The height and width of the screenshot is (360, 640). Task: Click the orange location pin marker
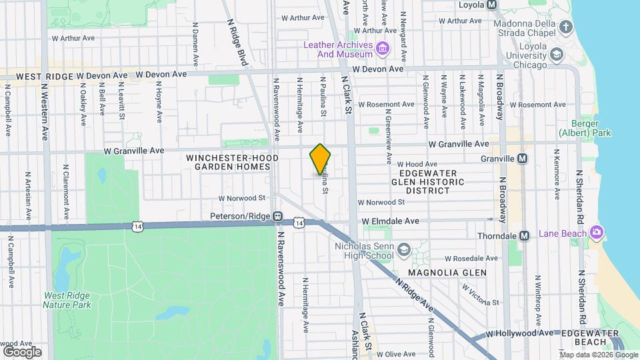point(320,159)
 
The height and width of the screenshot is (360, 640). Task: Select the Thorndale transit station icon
point(524,235)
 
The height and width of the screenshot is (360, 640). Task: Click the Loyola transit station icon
point(492,5)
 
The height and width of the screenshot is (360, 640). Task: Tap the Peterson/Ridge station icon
point(277,216)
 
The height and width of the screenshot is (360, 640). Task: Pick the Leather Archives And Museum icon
point(383,48)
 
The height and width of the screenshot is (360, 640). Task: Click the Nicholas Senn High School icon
point(403,249)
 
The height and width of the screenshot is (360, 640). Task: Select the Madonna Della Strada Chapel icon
point(566,27)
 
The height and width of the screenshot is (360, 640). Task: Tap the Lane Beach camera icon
point(596,233)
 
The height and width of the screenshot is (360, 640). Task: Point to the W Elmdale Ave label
point(390,221)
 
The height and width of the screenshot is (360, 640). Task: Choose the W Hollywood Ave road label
point(519,333)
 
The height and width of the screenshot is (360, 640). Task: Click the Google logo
point(22,351)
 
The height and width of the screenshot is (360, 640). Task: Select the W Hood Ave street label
point(417,164)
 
